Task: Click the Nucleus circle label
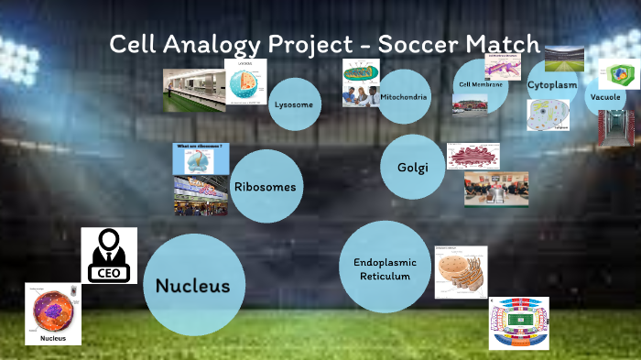(x=192, y=286)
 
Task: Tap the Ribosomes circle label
(x=265, y=186)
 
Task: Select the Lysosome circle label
(x=293, y=104)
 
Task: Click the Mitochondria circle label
(x=404, y=96)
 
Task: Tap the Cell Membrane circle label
(x=481, y=84)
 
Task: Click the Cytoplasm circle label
(x=552, y=84)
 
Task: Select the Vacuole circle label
(x=604, y=96)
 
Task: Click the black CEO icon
(x=109, y=256)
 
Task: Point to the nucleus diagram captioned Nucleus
(x=53, y=312)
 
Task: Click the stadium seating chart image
(x=518, y=322)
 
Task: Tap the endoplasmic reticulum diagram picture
(x=461, y=272)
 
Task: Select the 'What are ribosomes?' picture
(x=201, y=158)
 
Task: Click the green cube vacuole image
(x=618, y=75)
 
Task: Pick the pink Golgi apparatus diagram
(x=473, y=156)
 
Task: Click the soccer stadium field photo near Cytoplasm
(x=564, y=58)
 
